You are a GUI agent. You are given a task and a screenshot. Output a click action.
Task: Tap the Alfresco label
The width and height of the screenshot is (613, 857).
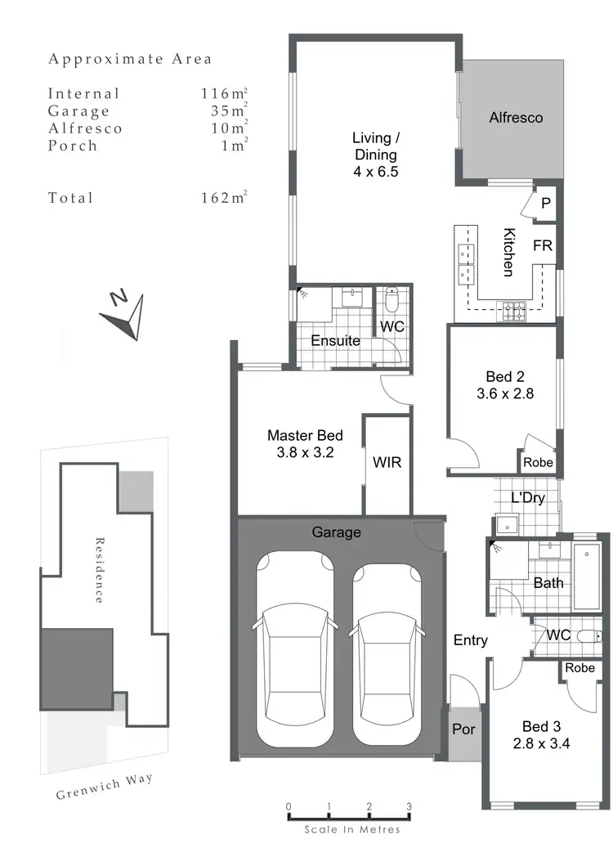[x=516, y=118]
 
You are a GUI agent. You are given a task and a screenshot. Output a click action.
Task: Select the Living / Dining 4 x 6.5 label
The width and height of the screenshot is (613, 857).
[x=375, y=154]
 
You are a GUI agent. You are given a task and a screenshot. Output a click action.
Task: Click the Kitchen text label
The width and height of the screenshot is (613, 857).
[x=508, y=252]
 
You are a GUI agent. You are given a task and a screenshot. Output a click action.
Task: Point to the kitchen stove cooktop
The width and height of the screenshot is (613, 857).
[x=514, y=309]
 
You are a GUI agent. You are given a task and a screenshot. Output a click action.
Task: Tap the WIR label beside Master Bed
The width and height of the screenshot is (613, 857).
[x=387, y=462]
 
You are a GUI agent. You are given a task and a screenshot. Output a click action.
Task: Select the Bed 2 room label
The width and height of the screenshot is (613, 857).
[x=504, y=384]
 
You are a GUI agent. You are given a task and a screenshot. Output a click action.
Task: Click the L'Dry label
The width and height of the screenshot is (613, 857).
[x=527, y=497]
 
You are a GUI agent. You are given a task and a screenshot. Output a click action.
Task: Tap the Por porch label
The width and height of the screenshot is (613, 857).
[x=463, y=729]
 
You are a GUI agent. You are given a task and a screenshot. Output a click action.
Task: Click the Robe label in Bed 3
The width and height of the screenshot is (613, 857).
[x=579, y=667]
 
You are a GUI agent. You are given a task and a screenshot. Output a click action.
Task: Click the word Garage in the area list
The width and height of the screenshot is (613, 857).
[x=78, y=111]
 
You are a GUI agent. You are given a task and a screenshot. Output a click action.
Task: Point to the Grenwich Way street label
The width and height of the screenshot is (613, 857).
[x=105, y=787]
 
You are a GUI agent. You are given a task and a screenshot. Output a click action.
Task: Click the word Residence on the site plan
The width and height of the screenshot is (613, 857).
[x=99, y=570]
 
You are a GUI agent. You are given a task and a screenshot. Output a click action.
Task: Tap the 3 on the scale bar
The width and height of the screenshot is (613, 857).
[x=409, y=807]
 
